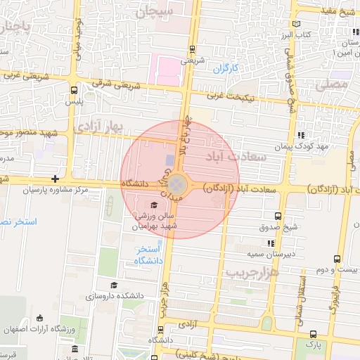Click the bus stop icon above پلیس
tap(75, 90)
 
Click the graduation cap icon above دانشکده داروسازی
tap(114, 285)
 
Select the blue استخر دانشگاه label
tap(150, 255)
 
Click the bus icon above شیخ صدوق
tap(278, 217)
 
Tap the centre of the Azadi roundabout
tap(178, 185)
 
